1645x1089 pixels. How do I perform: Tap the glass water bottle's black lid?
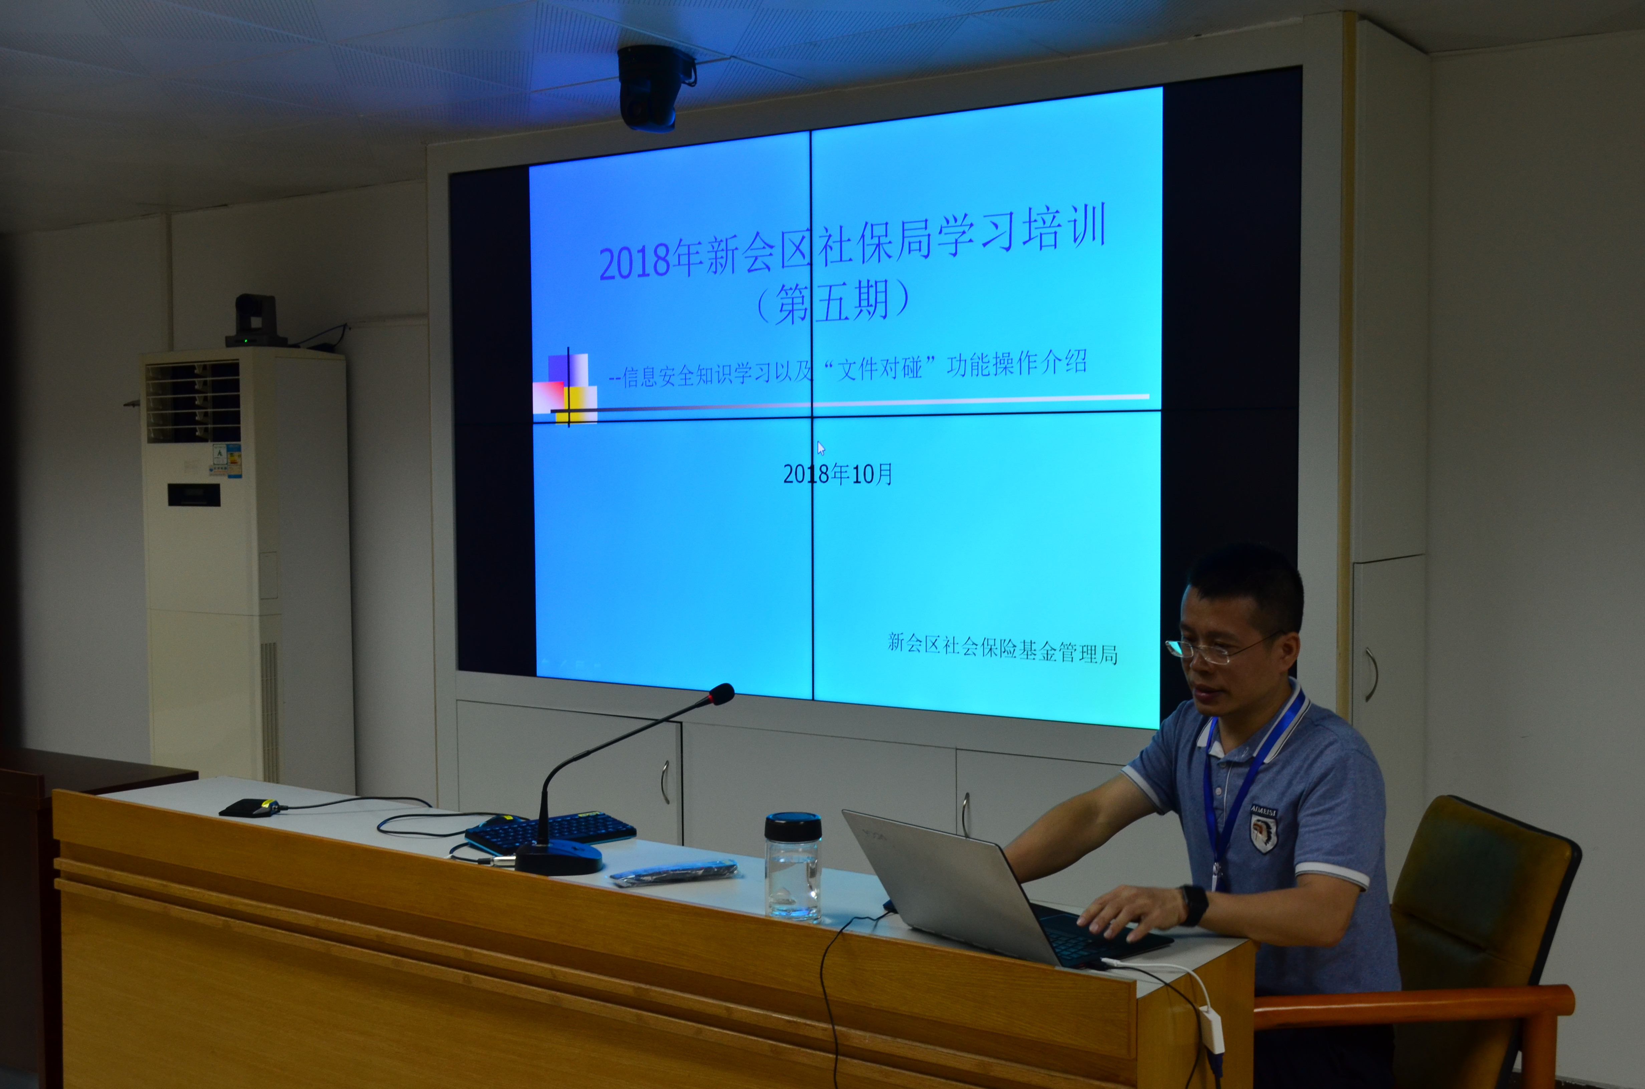pyautogui.click(x=793, y=826)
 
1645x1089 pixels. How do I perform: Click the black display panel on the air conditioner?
pyautogui.click(x=194, y=494)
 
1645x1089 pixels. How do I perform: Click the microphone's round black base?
pyautogui.click(x=558, y=858)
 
